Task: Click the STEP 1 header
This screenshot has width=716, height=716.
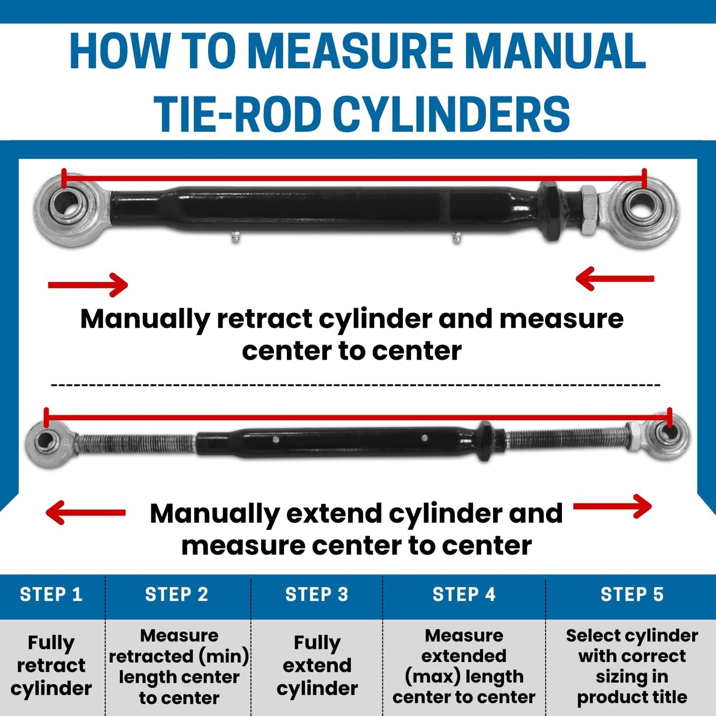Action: [51, 594]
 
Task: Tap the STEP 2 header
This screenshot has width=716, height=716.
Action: [176, 594]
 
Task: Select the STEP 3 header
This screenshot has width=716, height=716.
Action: [317, 594]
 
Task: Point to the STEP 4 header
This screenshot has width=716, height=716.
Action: [464, 594]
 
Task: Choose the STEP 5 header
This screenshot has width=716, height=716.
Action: [632, 594]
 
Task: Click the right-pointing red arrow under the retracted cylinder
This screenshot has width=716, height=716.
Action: [88, 285]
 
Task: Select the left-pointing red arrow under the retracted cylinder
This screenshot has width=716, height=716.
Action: [614, 278]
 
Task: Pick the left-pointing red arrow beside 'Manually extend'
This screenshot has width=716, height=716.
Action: [85, 513]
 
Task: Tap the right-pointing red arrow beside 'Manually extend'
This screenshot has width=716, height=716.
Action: [612, 506]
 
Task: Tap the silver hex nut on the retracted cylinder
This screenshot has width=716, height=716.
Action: [588, 210]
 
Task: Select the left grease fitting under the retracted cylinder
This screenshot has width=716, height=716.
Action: [235, 237]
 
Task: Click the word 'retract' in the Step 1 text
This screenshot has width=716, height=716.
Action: [51, 665]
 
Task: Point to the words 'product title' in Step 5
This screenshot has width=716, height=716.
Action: [632, 697]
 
